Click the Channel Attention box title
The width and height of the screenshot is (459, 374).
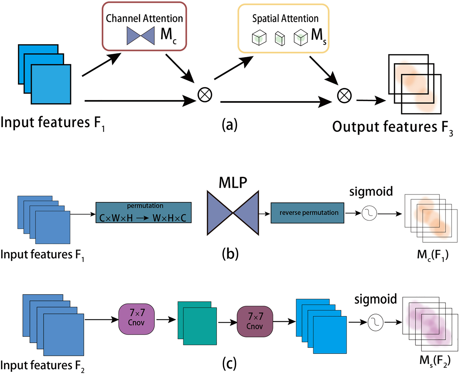[x=144, y=19]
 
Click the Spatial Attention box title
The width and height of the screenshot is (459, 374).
[x=285, y=19]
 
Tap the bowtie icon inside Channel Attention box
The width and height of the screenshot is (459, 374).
[x=140, y=36]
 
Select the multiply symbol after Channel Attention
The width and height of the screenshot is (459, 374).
[x=205, y=95]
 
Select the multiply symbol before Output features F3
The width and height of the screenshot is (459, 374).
[x=344, y=96]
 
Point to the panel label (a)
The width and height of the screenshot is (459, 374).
[x=229, y=125]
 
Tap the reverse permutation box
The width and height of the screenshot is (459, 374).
[x=307, y=213]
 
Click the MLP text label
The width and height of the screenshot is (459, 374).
[x=233, y=183]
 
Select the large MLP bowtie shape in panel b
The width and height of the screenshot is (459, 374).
[x=233, y=213]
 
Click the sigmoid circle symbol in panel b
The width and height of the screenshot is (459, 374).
[x=369, y=213]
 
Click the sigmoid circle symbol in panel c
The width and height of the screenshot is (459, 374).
[x=375, y=322]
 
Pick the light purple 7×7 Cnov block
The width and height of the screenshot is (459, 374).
[x=136, y=319]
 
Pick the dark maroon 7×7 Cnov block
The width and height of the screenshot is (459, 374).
[x=255, y=321]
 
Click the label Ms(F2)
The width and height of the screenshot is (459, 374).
[x=435, y=360]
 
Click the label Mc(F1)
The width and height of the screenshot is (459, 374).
[x=433, y=255]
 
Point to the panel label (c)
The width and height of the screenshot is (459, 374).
[x=229, y=363]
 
